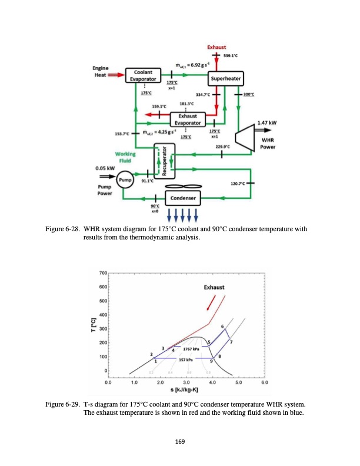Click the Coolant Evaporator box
(142, 75)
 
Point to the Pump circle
(125, 178)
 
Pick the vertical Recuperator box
(158, 161)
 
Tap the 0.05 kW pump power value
(106, 168)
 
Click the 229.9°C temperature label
(223, 145)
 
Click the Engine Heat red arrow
(116, 75)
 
